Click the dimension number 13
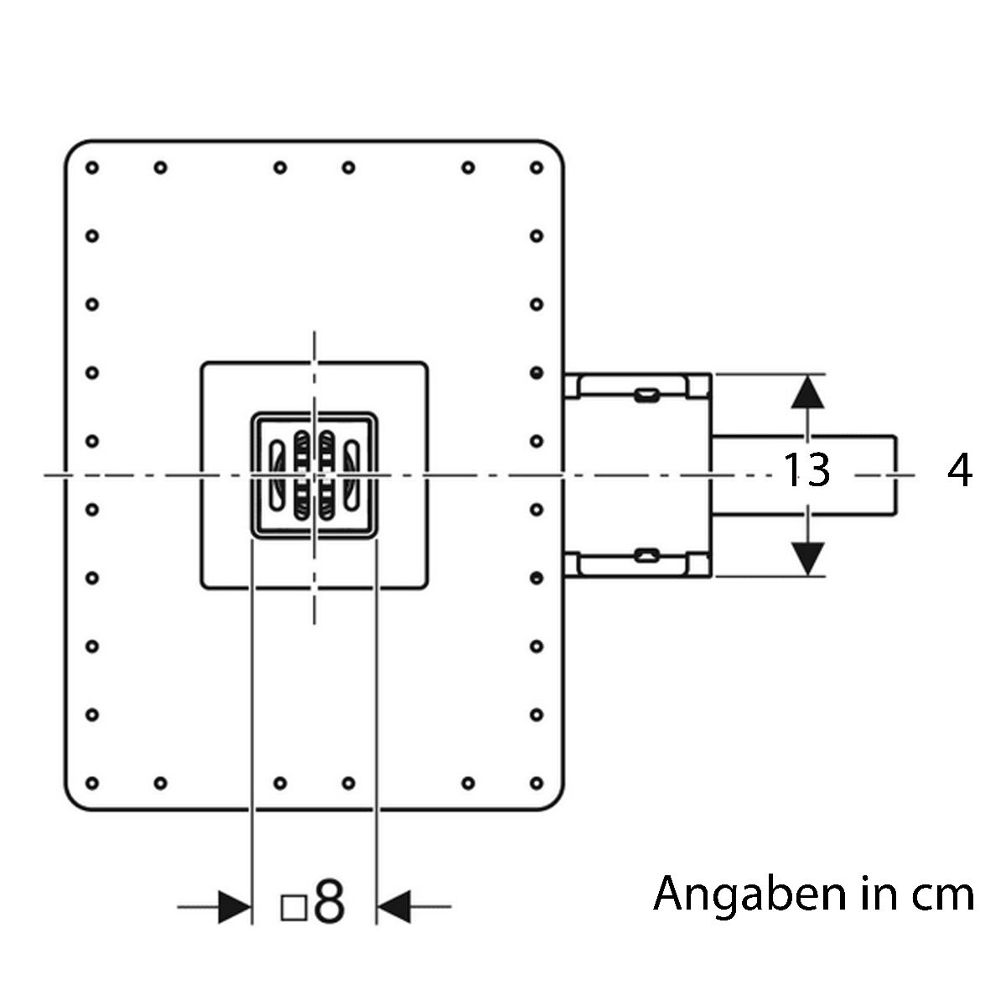pos(806,470)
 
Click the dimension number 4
pos(960,470)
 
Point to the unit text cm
pos(943,896)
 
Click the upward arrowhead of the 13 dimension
pos(807,392)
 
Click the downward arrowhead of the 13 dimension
pos(807,559)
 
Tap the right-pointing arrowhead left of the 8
pos(235,907)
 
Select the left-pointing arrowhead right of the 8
pos(394,907)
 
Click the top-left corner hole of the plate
pos(92,168)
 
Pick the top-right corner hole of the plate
pos(537,168)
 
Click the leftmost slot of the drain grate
pos(277,475)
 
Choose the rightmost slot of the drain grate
pos(352,475)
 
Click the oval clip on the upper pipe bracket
pos(646,394)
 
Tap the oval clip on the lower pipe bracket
pos(646,556)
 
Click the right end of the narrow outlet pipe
pos(896,475)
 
